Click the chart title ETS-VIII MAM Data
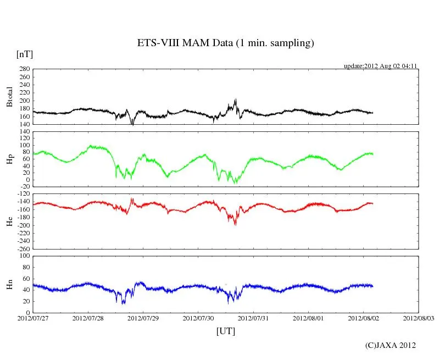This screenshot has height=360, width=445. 225,43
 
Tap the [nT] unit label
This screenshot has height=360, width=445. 25,54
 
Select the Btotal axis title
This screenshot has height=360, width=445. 9,97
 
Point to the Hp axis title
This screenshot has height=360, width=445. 9,159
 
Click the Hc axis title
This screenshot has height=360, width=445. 9,221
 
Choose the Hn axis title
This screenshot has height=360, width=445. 9,284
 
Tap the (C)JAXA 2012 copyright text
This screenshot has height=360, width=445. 391,345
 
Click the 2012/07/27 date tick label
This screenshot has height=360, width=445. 33,318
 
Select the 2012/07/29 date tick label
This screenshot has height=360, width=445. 143,318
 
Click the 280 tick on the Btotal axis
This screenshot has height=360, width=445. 24,69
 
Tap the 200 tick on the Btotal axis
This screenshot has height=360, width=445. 24,101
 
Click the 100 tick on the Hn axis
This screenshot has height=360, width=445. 24,256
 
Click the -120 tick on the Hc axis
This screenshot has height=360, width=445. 23,194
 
